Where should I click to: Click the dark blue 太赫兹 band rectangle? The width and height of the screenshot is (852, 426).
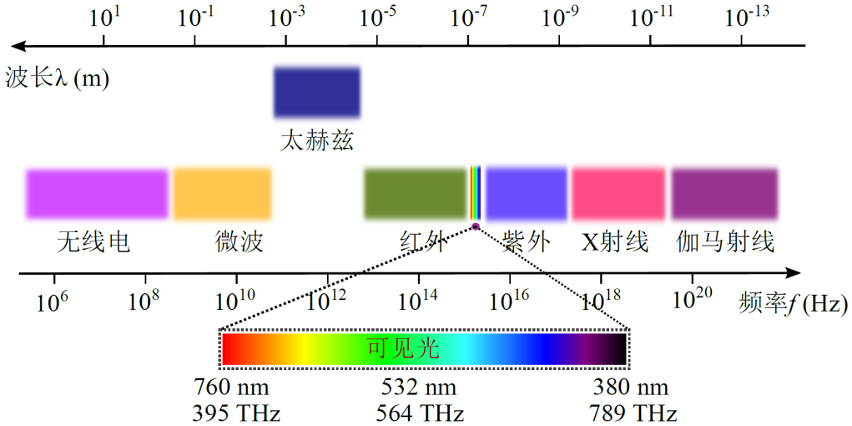point(317,92)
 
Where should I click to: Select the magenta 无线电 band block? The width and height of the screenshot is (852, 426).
point(97,193)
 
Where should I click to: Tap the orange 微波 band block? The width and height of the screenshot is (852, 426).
point(223,193)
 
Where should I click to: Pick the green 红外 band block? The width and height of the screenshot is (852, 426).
point(415,193)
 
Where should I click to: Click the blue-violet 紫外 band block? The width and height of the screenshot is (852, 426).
point(527,193)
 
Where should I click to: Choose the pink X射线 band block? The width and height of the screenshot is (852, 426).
point(618,193)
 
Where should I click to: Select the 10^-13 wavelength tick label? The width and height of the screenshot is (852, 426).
point(747,17)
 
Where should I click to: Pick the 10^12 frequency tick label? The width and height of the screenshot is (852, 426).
point(327,299)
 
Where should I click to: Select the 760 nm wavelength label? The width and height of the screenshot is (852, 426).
point(231,388)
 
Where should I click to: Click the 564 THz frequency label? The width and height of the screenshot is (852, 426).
point(422,413)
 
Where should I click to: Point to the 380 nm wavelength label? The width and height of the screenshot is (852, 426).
point(631,388)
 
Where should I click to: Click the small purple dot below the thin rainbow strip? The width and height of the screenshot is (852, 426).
point(476,226)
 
